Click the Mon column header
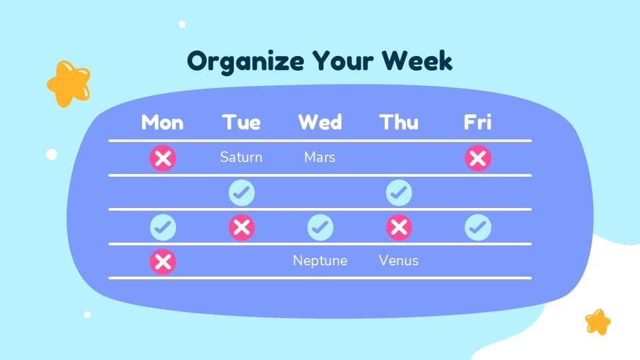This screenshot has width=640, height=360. pyautogui.click(x=162, y=123)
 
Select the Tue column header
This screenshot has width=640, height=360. pyautogui.click(x=241, y=123)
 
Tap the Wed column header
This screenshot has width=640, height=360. pyautogui.click(x=320, y=123)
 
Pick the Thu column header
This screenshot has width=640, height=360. pyautogui.click(x=399, y=123)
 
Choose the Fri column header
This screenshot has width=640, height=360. pyautogui.click(x=477, y=123)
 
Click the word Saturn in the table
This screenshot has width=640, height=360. pyautogui.click(x=241, y=157)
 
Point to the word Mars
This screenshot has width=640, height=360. pyautogui.click(x=320, y=157)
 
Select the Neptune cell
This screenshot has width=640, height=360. pyautogui.click(x=320, y=260)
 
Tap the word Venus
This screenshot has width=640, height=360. pyautogui.click(x=399, y=260)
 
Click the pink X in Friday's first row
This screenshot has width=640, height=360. pyautogui.click(x=477, y=159)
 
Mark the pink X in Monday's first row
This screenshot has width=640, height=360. pyautogui.click(x=163, y=159)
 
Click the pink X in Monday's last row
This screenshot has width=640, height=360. pyautogui.click(x=163, y=261)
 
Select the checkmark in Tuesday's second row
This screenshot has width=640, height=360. pyautogui.click(x=241, y=193)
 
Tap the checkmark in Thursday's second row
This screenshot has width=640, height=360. pyautogui.click(x=399, y=193)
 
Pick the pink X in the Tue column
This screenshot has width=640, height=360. pyautogui.click(x=241, y=227)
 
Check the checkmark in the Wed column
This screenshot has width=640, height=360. pyautogui.click(x=320, y=227)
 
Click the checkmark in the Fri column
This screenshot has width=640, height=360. pyautogui.click(x=477, y=227)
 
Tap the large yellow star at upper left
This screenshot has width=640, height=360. pyautogui.click(x=68, y=83)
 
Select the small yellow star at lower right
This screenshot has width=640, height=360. pyautogui.click(x=598, y=321)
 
